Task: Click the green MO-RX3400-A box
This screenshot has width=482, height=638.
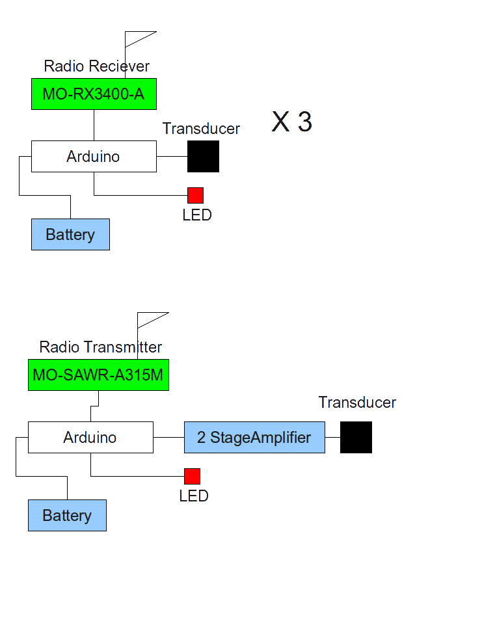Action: (x=94, y=94)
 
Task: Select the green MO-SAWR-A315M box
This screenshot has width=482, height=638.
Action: (x=98, y=375)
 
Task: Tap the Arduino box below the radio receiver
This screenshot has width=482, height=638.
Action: (x=94, y=157)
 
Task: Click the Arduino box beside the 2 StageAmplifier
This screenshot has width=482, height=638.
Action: (x=90, y=438)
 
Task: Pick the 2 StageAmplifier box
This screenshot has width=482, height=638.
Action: (x=254, y=438)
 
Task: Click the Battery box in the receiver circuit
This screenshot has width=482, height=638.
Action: (x=70, y=235)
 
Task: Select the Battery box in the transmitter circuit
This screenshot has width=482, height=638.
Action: (x=67, y=516)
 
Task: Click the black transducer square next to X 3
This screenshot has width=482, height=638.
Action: (x=203, y=157)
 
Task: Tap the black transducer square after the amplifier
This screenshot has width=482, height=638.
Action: (x=356, y=437)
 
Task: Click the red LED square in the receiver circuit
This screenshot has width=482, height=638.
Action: (x=195, y=195)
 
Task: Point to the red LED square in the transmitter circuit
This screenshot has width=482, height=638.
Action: (x=192, y=476)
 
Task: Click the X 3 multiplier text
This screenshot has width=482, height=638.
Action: (x=291, y=122)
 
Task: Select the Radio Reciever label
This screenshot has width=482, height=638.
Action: (x=96, y=66)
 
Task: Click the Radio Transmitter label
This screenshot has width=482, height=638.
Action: (x=100, y=347)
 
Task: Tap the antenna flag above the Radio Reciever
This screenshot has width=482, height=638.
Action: (x=139, y=38)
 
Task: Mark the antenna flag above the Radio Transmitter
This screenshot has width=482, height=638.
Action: (x=152, y=319)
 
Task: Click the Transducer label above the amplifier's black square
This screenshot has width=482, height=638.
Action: (x=357, y=403)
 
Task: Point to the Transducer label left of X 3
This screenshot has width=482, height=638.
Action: (x=201, y=129)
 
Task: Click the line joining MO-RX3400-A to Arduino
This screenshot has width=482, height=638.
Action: (x=94, y=125)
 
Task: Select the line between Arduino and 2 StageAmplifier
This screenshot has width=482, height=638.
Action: (x=168, y=438)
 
